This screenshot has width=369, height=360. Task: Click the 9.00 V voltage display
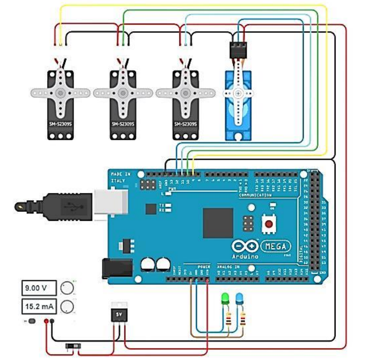pos(39,288)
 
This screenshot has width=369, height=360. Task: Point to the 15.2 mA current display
pos(39,307)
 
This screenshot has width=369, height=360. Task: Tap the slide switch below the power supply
pos(73,346)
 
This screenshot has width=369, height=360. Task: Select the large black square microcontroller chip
pos(218,223)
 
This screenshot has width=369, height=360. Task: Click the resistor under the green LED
pos(227,318)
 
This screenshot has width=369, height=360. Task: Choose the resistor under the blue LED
pos(243,318)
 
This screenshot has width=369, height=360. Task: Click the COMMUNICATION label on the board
pos(255,195)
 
